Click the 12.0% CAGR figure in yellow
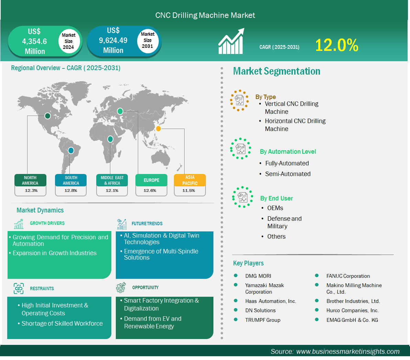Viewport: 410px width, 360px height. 336,45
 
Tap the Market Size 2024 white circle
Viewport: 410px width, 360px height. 68,41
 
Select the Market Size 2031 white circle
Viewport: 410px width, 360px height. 147,40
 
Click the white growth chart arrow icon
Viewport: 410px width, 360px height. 231,41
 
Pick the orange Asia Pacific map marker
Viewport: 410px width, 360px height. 158,129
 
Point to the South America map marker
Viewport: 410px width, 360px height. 71,151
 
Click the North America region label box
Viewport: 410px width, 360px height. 30,180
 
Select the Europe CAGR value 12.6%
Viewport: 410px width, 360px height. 150,190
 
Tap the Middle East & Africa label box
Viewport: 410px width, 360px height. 112,180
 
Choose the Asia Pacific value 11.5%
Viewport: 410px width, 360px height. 189,190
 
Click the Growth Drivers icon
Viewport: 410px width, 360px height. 19,224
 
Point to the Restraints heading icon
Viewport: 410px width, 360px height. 19,288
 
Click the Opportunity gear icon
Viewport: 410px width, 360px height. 121,287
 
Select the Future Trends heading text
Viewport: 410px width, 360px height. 147,224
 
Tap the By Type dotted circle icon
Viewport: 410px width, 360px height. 239,100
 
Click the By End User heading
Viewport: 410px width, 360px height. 276,198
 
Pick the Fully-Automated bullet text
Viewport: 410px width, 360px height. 287,163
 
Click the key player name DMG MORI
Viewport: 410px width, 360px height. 258,276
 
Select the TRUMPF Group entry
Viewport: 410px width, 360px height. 263,320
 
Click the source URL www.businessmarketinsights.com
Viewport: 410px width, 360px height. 348,351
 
